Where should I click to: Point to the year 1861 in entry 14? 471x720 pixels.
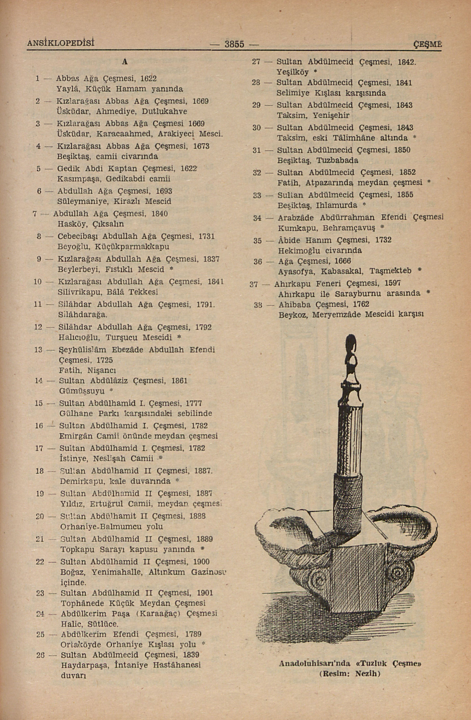click(x=179, y=381)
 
